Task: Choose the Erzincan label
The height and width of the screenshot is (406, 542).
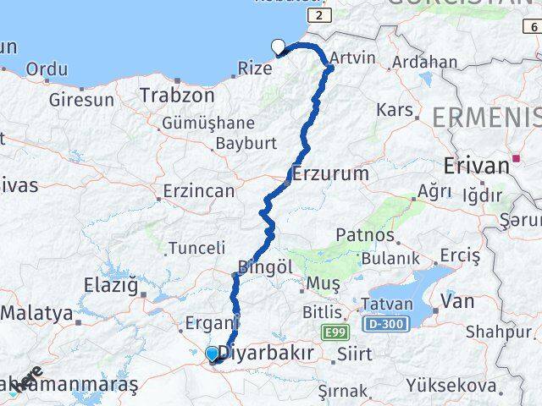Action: tap(199, 191)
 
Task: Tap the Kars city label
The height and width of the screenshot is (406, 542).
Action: tap(394, 110)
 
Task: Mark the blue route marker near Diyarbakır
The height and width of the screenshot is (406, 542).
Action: tap(212, 354)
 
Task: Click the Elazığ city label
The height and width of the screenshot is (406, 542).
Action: tap(110, 285)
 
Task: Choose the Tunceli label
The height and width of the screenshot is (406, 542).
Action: tap(197, 248)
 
